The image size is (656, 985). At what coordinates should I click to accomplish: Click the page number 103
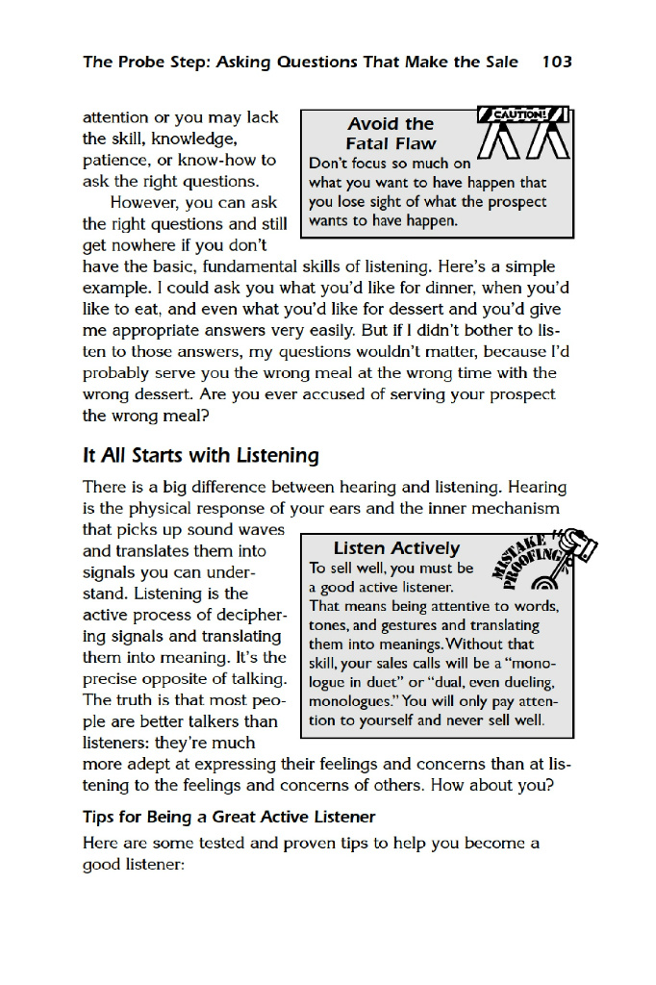pyautogui.click(x=557, y=63)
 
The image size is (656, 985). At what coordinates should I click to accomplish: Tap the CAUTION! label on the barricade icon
pyautogui.click(x=520, y=115)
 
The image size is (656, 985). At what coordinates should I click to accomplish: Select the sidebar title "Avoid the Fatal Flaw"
pyautogui.click(x=391, y=134)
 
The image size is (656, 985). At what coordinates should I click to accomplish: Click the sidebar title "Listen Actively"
pyautogui.click(x=396, y=548)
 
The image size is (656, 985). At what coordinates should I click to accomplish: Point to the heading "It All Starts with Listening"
pyautogui.click(x=201, y=455)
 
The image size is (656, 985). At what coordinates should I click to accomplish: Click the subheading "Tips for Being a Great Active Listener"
pyautogui.click(x=229, y=818)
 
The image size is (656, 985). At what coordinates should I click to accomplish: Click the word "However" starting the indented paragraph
pyautogui.click(x=145, y=203)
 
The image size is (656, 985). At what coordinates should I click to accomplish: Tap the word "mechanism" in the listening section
pyautogui.click(x=519, y=509)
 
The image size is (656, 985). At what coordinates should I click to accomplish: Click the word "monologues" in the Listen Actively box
pyautogui.click(x=349, y=701)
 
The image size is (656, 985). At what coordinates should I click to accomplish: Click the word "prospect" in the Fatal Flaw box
pyautogui.click(x=516, y=202)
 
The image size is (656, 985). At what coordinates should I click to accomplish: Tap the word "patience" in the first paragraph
pyautogui.click(x=114, y=161)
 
